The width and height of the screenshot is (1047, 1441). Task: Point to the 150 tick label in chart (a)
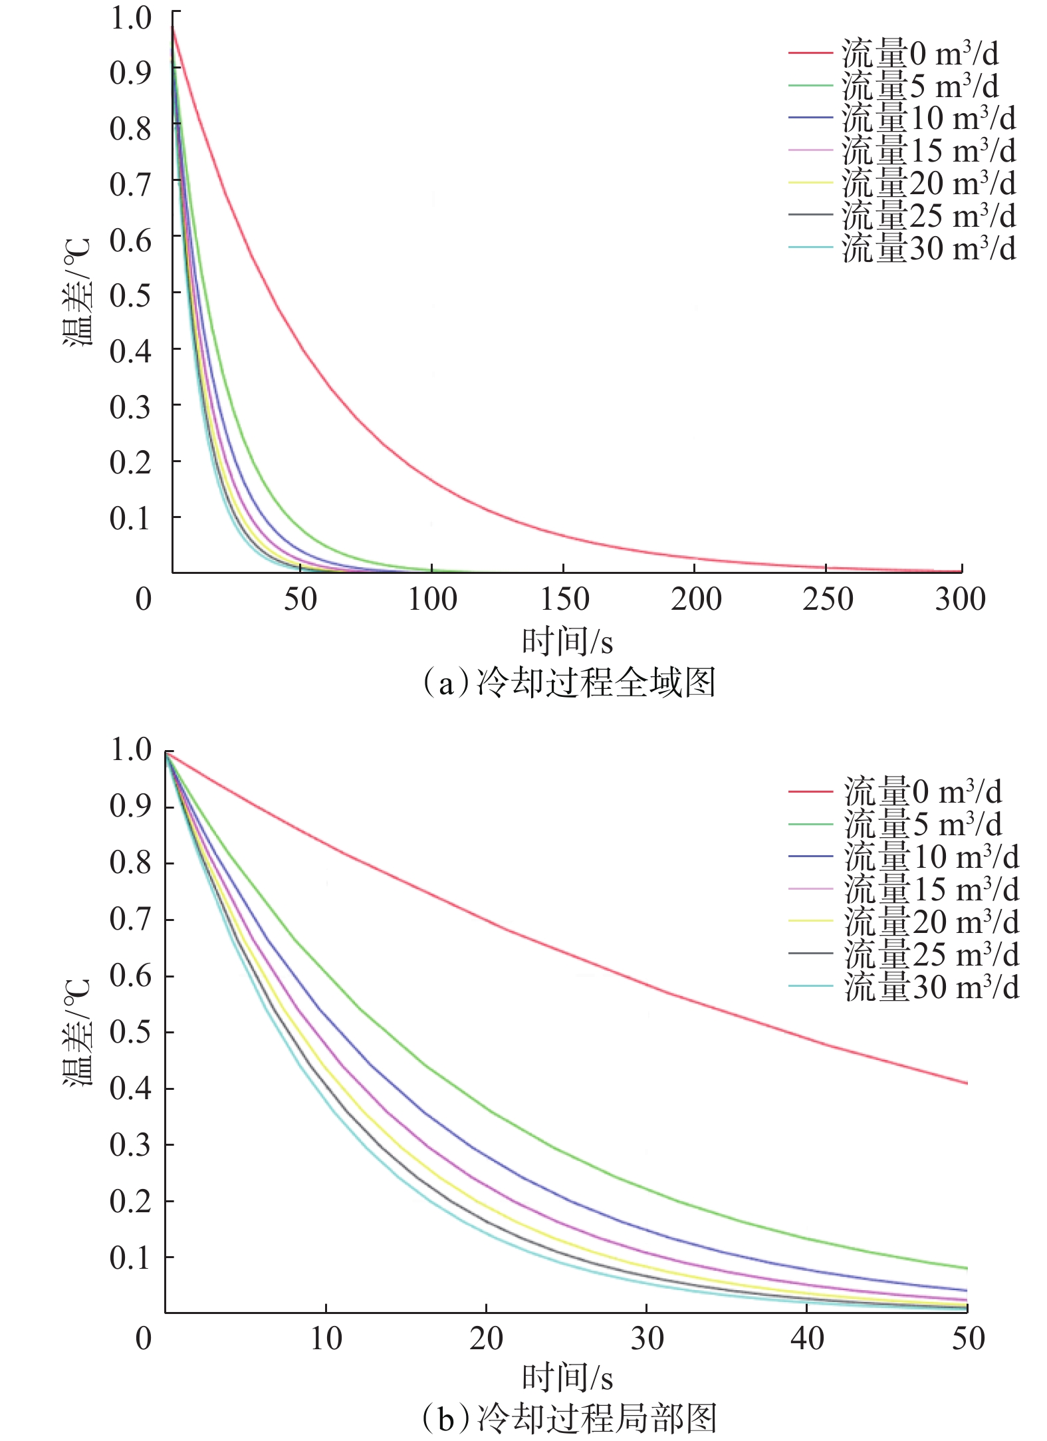pyautogui.click(x=564, y=599)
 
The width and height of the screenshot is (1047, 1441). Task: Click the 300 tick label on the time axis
pyautogui.click(x=960, y=599)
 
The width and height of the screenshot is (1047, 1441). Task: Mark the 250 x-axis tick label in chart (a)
pyautogui.click(x=828, y=599)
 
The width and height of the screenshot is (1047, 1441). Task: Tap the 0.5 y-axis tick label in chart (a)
pyautogui.click(x=130, y=295)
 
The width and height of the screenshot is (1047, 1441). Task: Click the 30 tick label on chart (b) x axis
pyautogui.click(x=647, y=1338)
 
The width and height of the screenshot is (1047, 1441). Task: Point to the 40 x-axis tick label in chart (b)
pyautogui.click(x=807, y=1338)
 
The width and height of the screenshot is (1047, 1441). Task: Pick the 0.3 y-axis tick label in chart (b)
pyautogui.click(x=130, y=1145)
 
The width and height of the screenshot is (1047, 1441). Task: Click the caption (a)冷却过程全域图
pyautogui.click(x=569, y=684)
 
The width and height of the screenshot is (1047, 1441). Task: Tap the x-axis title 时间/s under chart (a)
pyautogui.click(x=567, y=642)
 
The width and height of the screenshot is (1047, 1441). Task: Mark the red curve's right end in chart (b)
pyautogui.click(x=966, y=1083)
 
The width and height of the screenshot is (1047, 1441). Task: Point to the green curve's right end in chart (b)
pyautogui.click(x=966, y=1268)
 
